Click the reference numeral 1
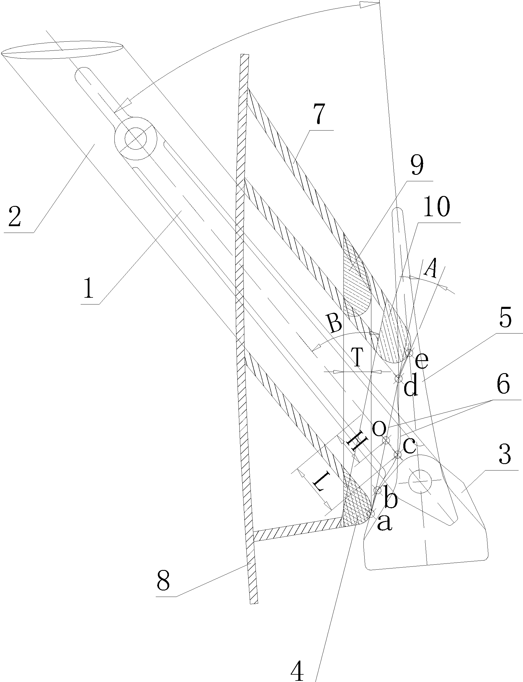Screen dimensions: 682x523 [x=89, y=289]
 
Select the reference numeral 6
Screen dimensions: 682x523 [x=503, y=385]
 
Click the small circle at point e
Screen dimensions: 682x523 [x=409, y=352]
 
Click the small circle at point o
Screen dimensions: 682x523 [x=386, y=440]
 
